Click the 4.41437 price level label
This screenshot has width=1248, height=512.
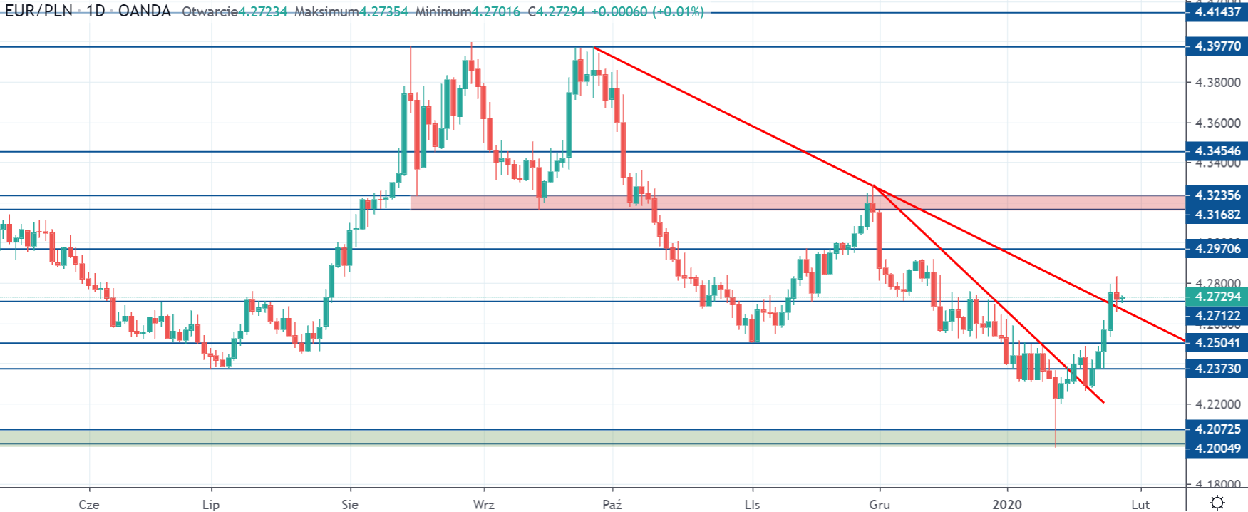(x=1217, y=12)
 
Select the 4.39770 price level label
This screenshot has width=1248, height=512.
(x=1217, y=47)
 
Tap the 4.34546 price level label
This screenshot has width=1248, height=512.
(x=1217, y=151)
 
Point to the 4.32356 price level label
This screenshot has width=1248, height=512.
(x=1217, y=195)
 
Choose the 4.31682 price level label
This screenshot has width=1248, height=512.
(x=1217, y=215)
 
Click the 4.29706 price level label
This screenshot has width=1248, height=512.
(x=1217, y=249)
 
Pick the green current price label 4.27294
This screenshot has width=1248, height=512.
(x=1217, y=297)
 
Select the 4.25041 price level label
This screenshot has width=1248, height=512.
(x=1217, y=343)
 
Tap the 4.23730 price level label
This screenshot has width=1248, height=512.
(x=1217, y=369)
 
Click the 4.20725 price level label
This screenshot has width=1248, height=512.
(x=1217, y=429)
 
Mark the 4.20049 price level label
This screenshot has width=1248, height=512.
(x=1217, y=449)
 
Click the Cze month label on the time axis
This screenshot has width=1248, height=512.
(x=89, y=505)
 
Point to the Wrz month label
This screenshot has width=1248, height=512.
(x=484, y=505)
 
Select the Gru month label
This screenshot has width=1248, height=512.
(x=880, y=505)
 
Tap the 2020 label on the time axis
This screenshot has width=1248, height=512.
(x=1007, y=505)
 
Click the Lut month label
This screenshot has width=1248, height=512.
(x=1140, y=505)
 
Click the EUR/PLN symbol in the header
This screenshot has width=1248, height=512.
(x=39, y=11)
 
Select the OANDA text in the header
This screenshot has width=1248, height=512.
(x=145, y=11)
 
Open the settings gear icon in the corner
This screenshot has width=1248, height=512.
(x=1217, y=502)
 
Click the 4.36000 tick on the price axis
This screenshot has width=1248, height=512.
(x=1217, y=123)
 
